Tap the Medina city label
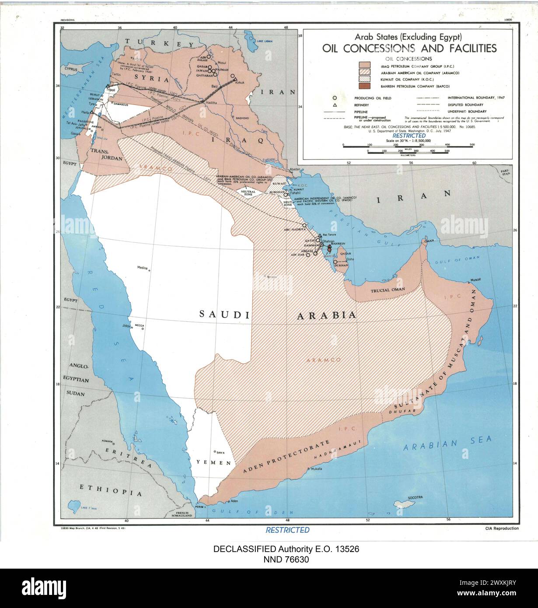pyautogui.click(x=143, y=268)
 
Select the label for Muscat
pyautogui.click(x=475, y=279)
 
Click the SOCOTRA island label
pyautogui.click(x=414, y=497)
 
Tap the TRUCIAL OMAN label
pyautogui.click(x=388, y=290)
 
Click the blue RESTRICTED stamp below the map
pyautogui.click(x=287, y=530)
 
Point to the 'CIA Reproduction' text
pyautogui.click(x=502, y=528)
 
